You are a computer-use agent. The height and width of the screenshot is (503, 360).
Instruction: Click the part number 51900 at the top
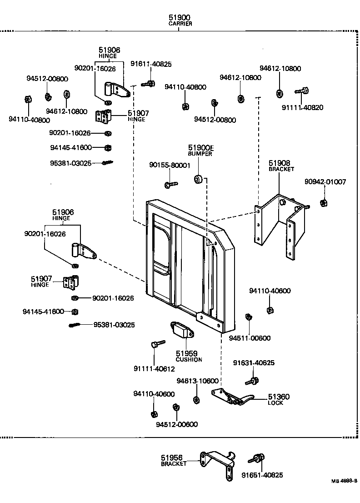tap(180, 17)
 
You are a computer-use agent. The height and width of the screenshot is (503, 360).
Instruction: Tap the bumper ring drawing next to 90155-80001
tap(199, 179)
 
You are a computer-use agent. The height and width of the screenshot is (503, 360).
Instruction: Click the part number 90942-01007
tap(325, 182)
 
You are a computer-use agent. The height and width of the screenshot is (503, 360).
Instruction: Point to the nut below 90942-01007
tap(323, 202)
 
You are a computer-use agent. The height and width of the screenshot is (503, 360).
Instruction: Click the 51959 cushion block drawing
tap(181, 330)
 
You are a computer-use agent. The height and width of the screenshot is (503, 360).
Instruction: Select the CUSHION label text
tap(189, 359)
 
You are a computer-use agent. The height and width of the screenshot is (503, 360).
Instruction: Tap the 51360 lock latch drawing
tap(234, 397)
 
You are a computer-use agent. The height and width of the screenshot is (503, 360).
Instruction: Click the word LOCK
tap(275, 403)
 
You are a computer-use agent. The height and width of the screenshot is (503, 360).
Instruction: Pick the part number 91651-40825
tap(262, 475)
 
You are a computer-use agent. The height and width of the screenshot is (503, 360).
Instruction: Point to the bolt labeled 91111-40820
tap(302, 91)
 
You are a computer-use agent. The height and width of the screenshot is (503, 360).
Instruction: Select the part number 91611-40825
tap(151, 64)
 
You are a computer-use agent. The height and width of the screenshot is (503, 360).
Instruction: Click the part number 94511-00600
tap(250, 338)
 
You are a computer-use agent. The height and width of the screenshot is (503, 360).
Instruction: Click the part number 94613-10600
tap(198, 381)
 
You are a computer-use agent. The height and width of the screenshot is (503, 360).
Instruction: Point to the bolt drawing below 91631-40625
tap(253, 379)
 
